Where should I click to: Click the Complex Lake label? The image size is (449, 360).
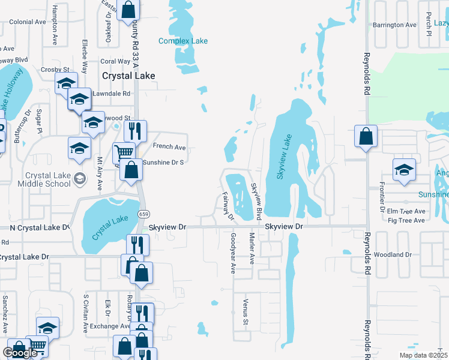click(183, 41)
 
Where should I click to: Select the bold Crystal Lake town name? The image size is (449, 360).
click(128, 76)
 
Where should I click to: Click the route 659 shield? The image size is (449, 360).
click(143, 214)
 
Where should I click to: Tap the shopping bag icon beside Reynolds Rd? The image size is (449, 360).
click(366, 137)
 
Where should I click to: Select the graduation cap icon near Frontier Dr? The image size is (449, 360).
click(405, 169)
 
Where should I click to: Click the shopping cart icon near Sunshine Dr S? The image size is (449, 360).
click(124, 152)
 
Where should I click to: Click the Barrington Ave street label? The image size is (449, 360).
click(394, 25)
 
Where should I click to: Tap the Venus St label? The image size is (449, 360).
click(246, 312)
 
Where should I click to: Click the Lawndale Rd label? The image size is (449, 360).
click(110, 94)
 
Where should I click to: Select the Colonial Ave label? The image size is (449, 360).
click(28, 22)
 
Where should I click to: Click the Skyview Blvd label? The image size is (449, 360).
click(256, 200)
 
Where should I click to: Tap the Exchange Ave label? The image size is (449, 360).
click(106, 327)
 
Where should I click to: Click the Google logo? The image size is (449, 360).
click(20, 353)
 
